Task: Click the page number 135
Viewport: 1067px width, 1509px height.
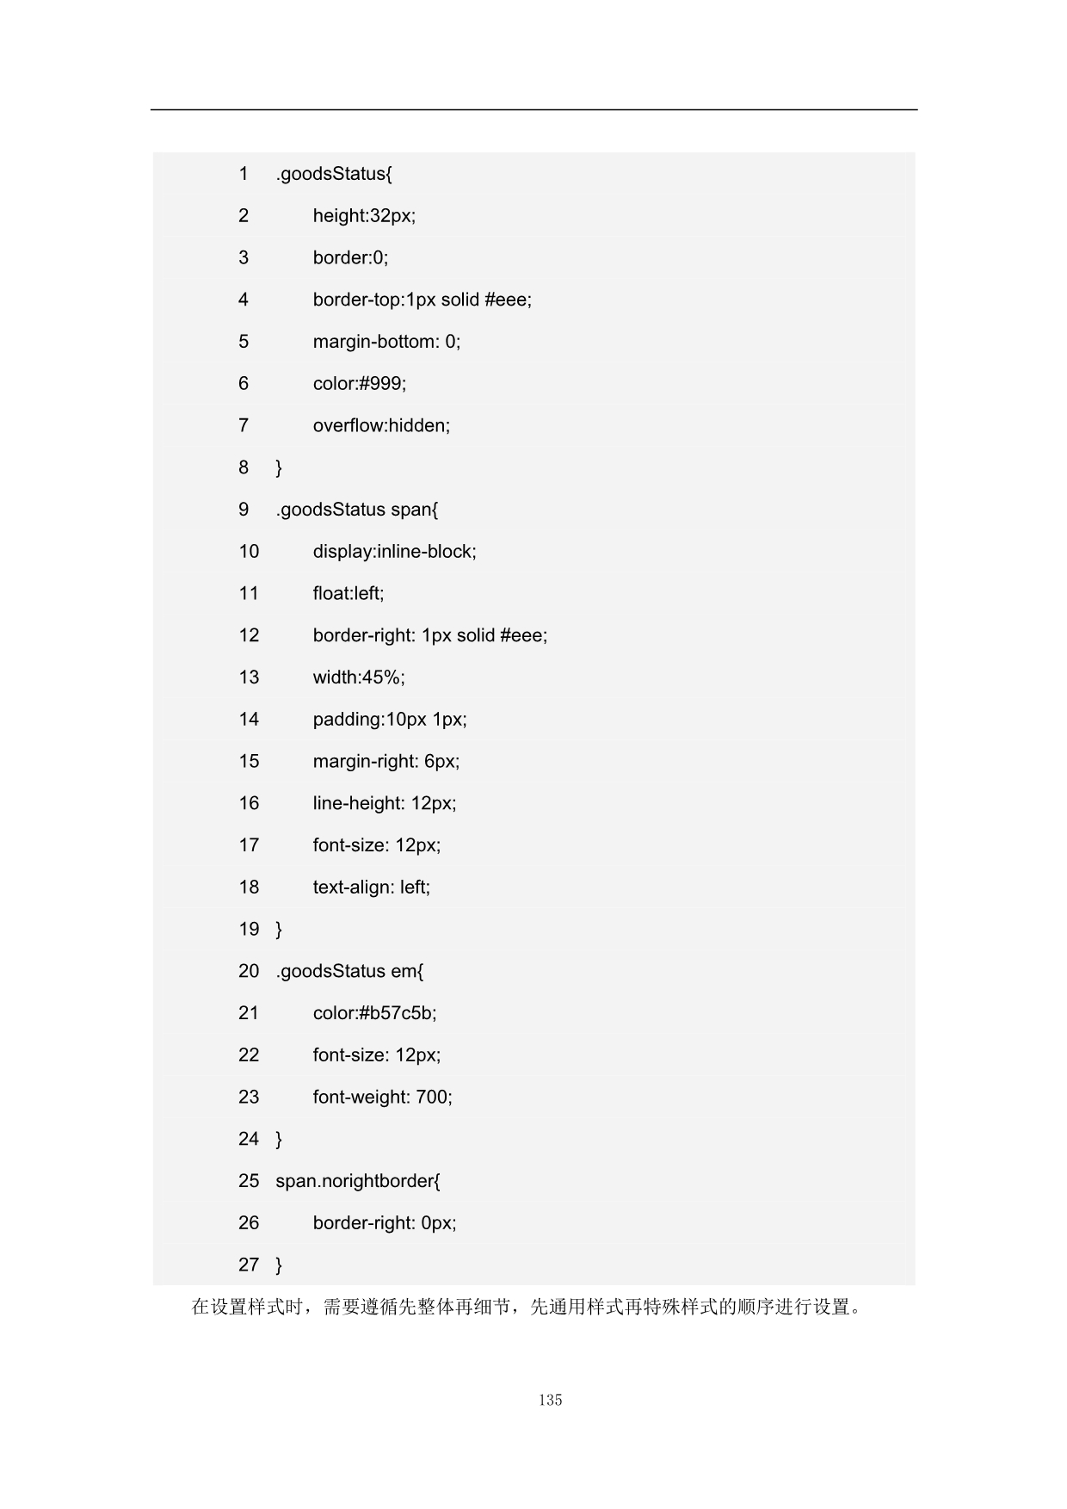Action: [550, 1400]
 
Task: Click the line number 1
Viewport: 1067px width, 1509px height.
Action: [244, 174]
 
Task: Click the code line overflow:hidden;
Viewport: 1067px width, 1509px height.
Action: [381, 425]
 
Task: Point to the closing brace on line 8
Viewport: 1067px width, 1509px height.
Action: [279, 468]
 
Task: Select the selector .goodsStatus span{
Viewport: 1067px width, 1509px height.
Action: [356, 510]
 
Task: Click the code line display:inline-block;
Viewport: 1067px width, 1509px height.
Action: [394, 552]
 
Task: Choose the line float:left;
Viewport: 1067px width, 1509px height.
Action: [348, 594]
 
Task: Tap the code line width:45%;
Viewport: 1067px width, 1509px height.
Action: [359, 677]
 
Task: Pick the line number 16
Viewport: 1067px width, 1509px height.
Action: [249, 803]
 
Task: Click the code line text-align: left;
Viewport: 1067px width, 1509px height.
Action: [371, 887]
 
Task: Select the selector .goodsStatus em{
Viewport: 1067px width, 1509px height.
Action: [349, 972]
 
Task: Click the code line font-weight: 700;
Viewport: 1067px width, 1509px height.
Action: [382, 1098]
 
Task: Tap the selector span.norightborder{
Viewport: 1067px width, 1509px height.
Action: [357, 1181]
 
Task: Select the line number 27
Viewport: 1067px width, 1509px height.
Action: [249, 1265]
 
